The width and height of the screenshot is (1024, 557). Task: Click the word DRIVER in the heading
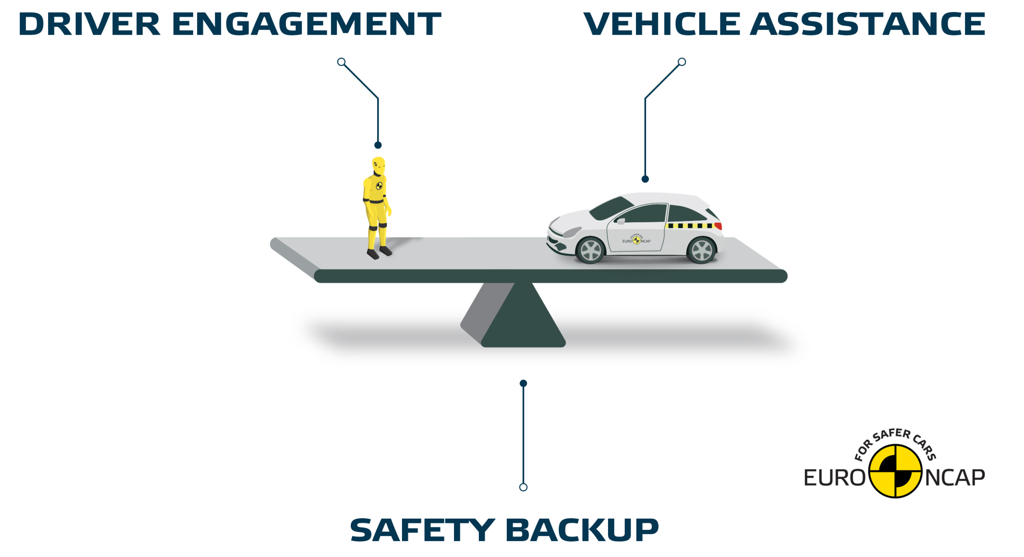click(89, 24)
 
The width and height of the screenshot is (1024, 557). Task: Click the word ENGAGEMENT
click(306, 24)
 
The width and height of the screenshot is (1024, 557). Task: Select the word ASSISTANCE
click(867, 24)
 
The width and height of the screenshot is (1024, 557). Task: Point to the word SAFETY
click(422, 530)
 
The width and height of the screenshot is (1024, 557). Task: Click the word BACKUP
click(582, 530)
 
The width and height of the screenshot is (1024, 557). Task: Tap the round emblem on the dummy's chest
click(379, 186)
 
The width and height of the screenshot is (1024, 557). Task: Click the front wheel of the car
click(590, 250)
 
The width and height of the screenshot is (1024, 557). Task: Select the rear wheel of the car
click(701, 250)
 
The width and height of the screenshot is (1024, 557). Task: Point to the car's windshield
click(611, 208)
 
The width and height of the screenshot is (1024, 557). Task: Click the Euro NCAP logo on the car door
click(636, 240)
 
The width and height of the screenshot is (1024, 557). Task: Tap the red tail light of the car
click(718, 226)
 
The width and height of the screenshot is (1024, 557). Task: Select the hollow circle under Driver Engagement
click(341, 62)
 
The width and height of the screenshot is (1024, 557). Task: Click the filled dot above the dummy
click(378, 145)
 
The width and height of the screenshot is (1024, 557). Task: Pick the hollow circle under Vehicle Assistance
click(682, 62)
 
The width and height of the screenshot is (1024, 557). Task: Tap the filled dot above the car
click(645, 179)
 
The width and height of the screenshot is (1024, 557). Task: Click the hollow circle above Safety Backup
click(523, 487)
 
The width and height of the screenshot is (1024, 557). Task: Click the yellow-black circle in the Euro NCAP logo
click(896, 472)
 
